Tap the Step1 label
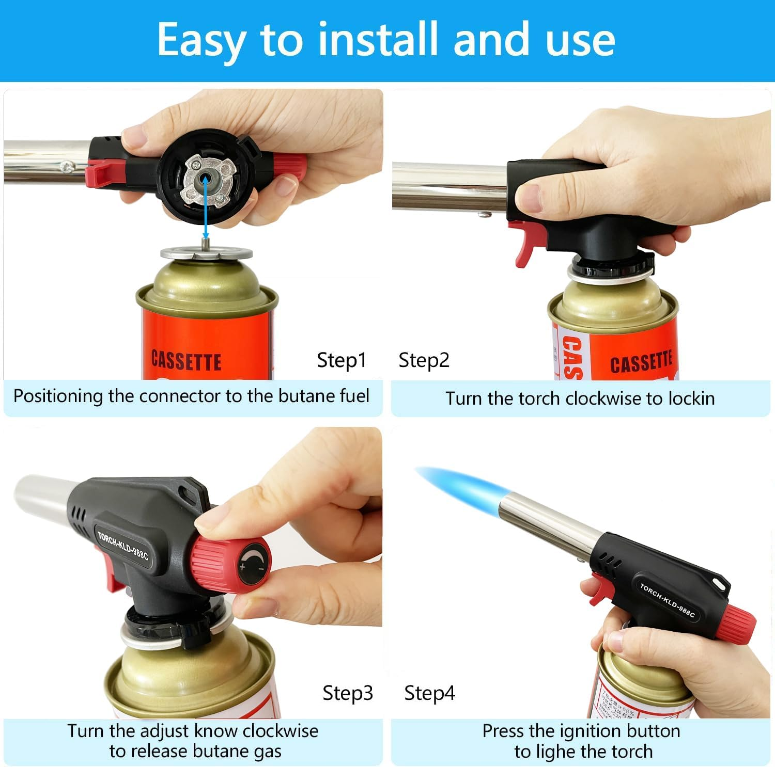coord(341,360)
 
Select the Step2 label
coord(424,360)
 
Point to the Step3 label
coord(347,693)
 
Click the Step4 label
coord(429,693)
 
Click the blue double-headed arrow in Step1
coord(206,206)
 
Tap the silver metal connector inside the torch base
coord(206,181)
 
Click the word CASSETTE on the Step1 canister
coord(186,360)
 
